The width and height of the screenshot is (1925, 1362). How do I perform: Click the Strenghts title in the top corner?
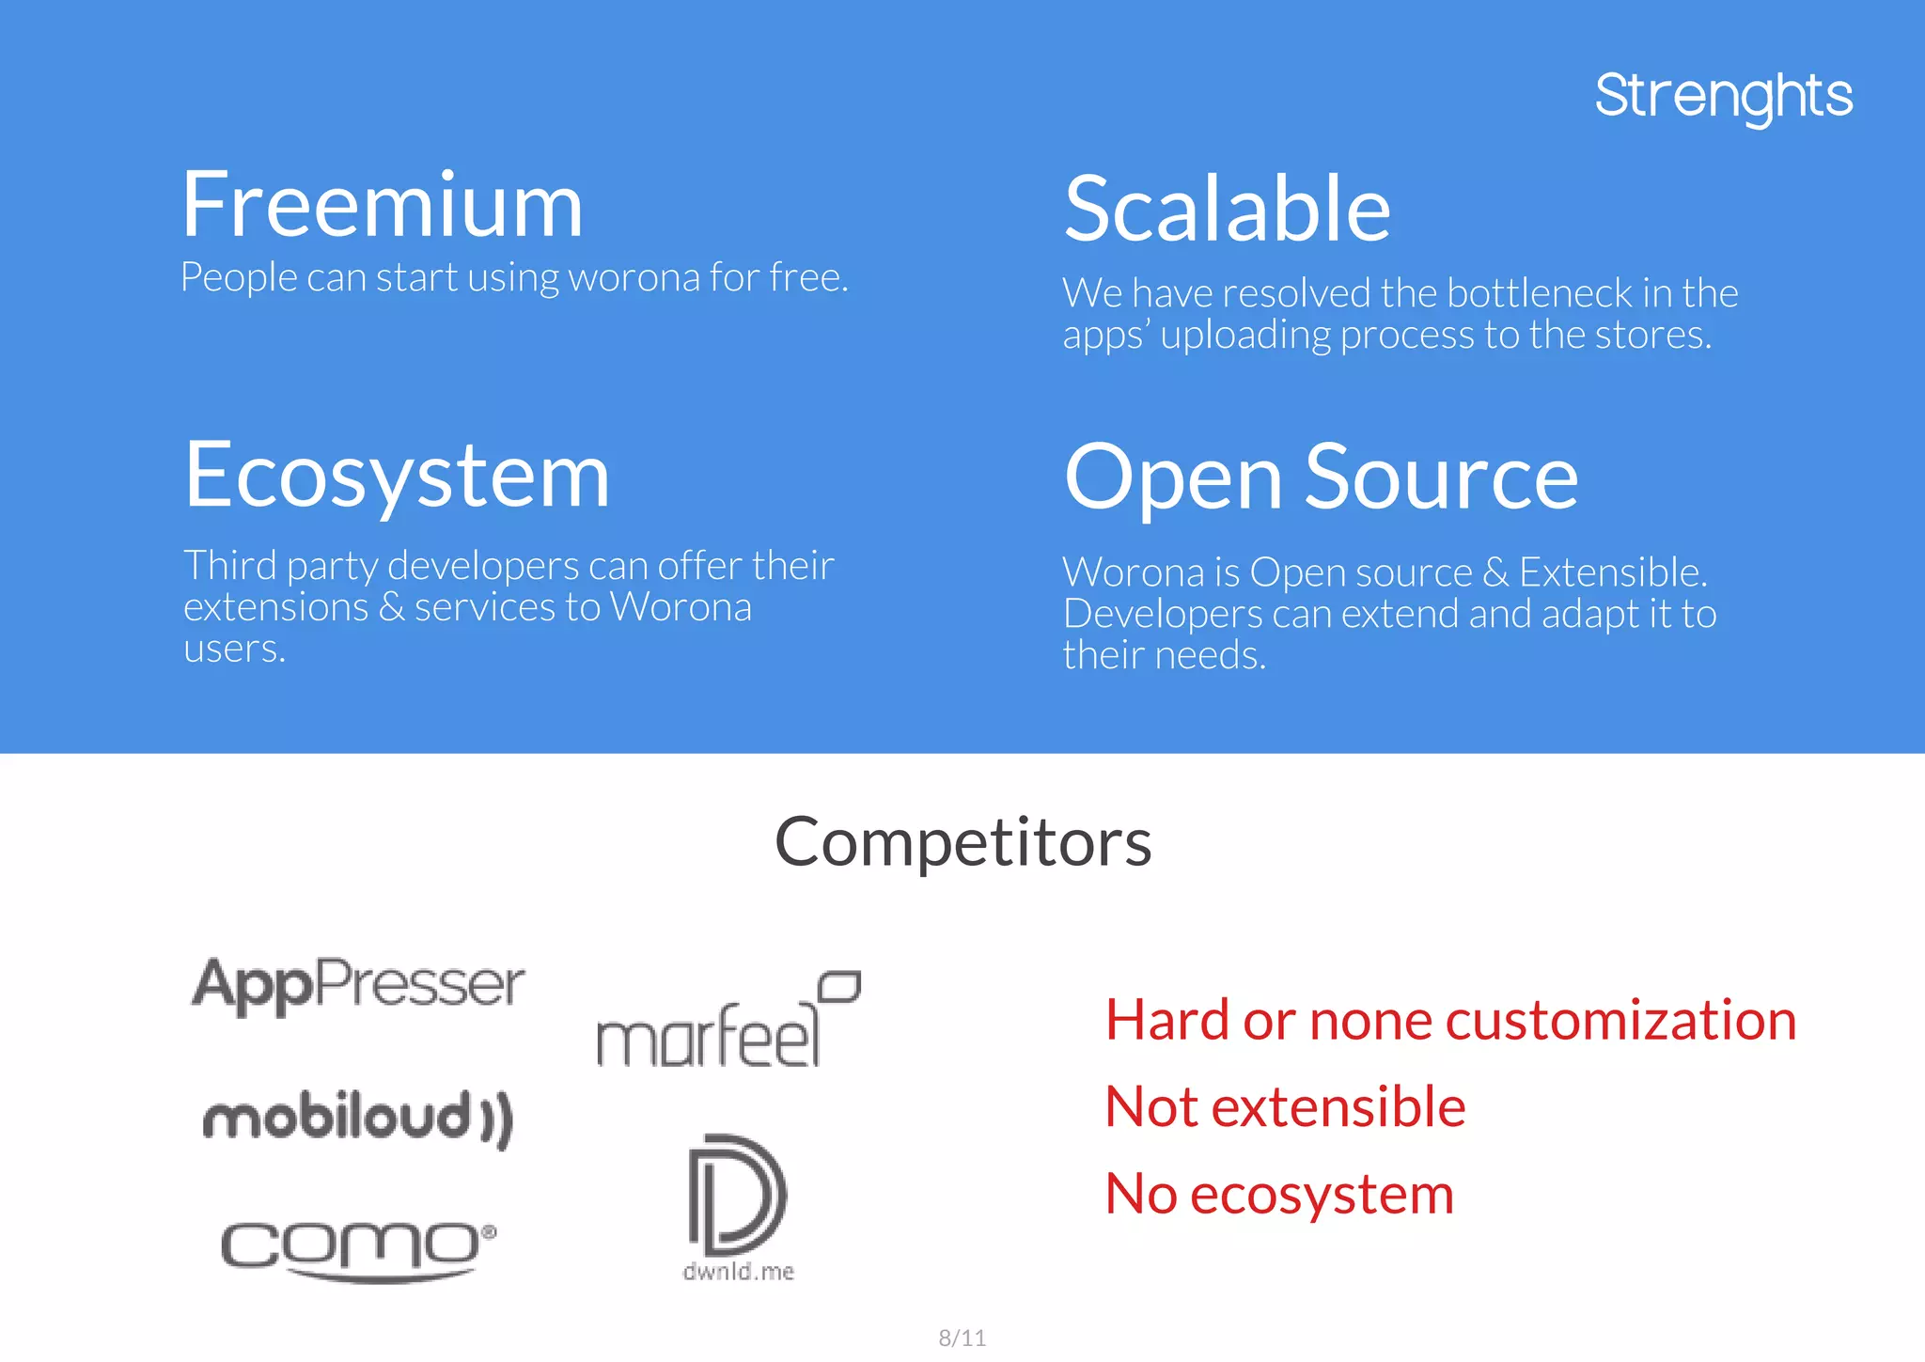click(x=1723, y=96)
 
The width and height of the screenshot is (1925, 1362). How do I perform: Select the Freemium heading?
click(x=383, y=206)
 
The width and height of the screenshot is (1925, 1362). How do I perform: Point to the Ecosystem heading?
click(x=397, y=477)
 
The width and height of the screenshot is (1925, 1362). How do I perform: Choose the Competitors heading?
click(x=962, y=841)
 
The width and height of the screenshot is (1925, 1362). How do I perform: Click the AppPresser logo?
click(x=358, y=984)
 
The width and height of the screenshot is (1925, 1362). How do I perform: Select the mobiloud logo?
click(x=358, y=1118)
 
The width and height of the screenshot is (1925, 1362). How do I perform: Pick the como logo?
click(x=358, y=1247)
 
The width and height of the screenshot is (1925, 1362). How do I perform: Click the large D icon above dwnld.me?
click(x=737, y=1194)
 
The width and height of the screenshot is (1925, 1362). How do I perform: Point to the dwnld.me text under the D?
click(x=738, y=1272)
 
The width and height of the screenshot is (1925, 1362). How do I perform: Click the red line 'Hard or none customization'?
click(x=1450, y=1020)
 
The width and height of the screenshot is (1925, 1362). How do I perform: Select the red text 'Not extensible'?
click(x=1285, y=1106)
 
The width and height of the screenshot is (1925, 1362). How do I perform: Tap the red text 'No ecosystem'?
click(x=1279, y=1194)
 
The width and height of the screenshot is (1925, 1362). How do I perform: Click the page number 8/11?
click(x=962, y=1338)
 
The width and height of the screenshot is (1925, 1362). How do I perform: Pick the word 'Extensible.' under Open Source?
click(x=1613, y=572)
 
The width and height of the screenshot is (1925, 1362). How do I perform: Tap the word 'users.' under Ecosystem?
click(x=234, y=649)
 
